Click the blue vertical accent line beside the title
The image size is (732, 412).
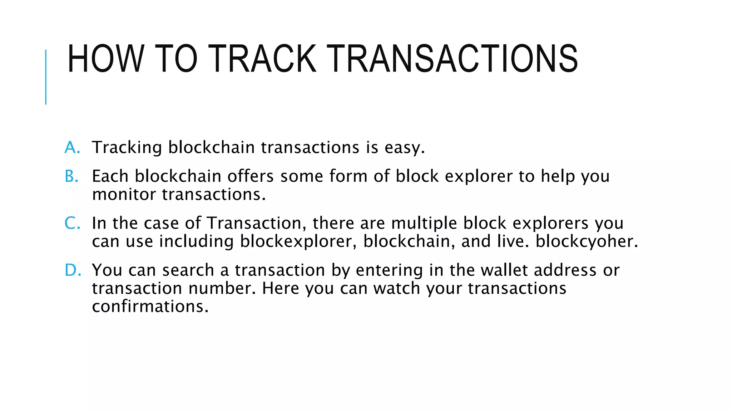(x=46, y=77)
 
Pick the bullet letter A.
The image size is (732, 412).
(x=72, y=147)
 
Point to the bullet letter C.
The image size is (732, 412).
(x=72, y=223)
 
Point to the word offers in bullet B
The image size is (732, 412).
(x=251, y=176)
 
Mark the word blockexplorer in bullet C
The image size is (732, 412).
(x=298, y=242)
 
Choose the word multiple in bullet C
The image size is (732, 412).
(x=424, y=224)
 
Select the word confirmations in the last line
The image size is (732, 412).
(x=150, y=307)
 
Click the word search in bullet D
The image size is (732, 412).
(x=188, y=270)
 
